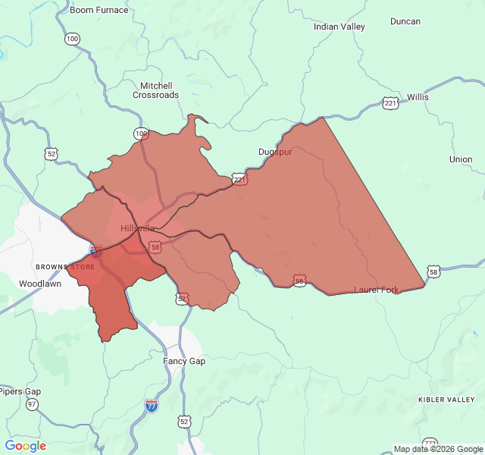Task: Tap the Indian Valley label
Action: pyautogui.click(x=339, y=27)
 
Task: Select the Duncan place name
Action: pyautogui.click(x=405, y=21)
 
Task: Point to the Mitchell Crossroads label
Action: pyautogui.click(x=156, y=90)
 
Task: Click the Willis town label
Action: pyautogui.click(x=418, y=97)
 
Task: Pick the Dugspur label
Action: pyautogui.click(x=275, y=152)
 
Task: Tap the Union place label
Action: pyautogui.click(x=461, y=159)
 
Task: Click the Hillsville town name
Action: pyautogui.click(x=138, y=227)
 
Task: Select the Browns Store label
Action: pyautogui.click(x=65, y=267)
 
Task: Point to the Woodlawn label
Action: pyautogui.click(x=40, y=284)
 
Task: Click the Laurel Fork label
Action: pyautogui.click(x=376, y=290)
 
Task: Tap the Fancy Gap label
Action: pyautogui.click(x=184, y=361)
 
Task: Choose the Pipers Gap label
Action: pyautogui.click(x=20, y=391)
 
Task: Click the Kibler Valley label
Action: pyautogui.click(x=446, y=399)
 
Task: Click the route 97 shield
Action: pyautogui.click(x=32, y=405)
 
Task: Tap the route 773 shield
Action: pyautogui.click(x=430, y=444)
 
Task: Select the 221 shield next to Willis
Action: pyautogui.click(x=390, y=103)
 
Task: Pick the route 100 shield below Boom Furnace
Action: pyautogui.click(x=72, y=39)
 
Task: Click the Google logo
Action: pyautogui.click(x=26, y=446)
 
